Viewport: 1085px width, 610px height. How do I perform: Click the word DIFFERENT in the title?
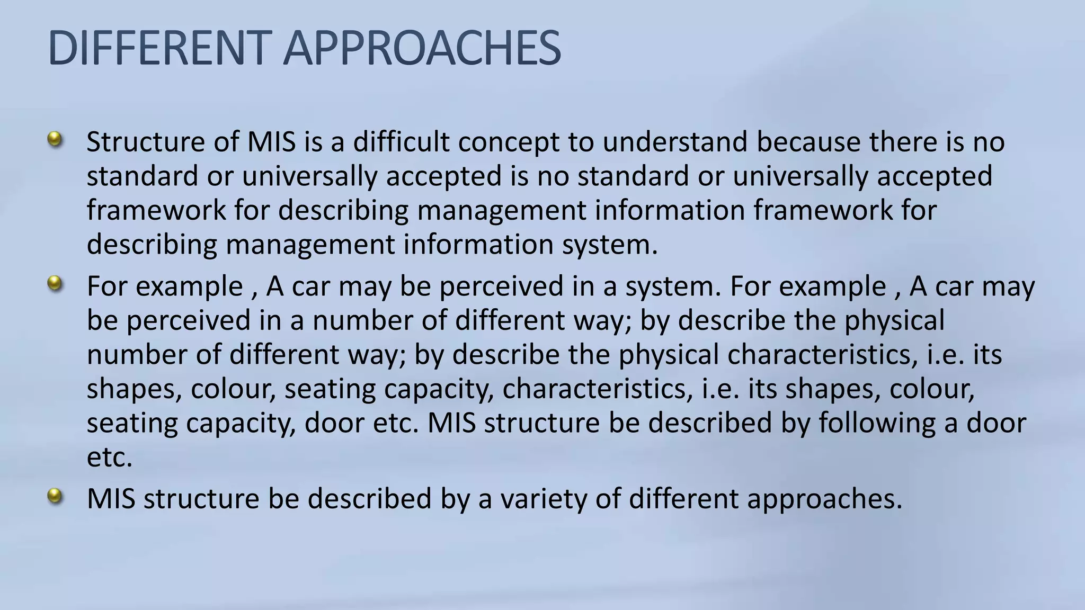(157, 48)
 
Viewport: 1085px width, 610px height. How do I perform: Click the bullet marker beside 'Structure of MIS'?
(55, 140)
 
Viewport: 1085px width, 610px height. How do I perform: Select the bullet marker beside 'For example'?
(55, 284)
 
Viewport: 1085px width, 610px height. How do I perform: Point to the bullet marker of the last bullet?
(55, 497)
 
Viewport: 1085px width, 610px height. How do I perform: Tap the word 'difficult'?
(401, 142)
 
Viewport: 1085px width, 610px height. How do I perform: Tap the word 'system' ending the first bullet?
(609, 245)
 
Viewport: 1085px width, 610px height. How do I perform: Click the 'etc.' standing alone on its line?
(109, 457)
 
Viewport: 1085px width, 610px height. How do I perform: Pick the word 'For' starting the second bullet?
(107, 286)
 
